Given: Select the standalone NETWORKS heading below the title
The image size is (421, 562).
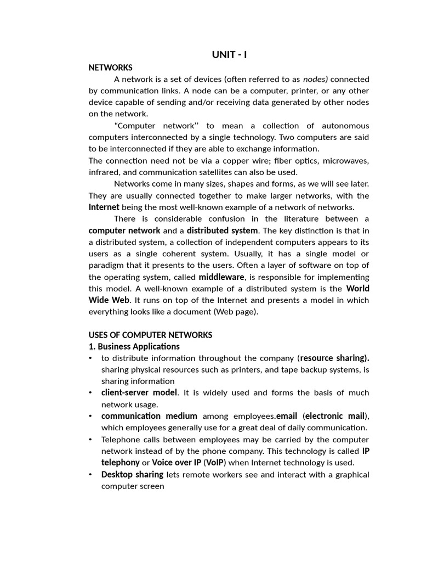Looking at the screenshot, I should tap(111, 68).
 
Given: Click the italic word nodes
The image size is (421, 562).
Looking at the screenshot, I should tap(315, 79).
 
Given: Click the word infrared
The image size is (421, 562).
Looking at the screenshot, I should tap(104, 172).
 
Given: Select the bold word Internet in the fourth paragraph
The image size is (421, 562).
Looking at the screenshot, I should tap(104, 207).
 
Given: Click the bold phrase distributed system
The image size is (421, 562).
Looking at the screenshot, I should tap(222, 231).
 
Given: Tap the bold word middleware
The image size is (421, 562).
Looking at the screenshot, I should tap(221, 277).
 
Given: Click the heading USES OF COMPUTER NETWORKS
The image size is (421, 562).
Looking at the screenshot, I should tap(150, 335).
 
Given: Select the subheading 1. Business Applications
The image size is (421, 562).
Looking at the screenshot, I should tap(134, 346).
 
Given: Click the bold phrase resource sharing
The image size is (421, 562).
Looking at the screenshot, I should tap(334, 358).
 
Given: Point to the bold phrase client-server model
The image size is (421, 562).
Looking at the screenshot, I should tap(139, 392).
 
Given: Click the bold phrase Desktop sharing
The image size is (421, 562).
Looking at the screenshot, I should tap(132, 474).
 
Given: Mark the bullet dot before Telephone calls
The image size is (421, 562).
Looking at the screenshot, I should tap(90, 440).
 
